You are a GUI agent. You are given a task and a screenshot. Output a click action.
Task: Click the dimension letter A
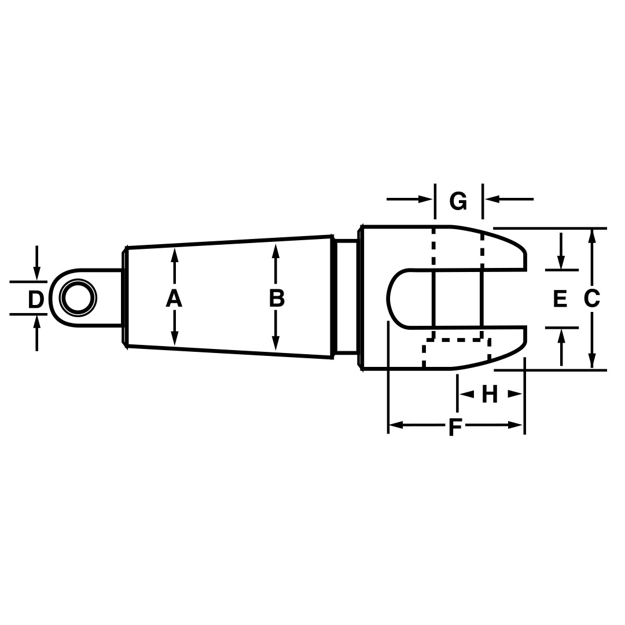pyautogui.click(x=174, y=299)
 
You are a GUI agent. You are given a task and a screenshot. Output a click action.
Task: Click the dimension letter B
pyautogui.click(x=277, y=299)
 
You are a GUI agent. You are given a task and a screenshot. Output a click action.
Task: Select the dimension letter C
pyautogui.click(x=591, y=299)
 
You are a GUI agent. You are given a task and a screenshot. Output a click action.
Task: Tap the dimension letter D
pyautogui.click(x=36, y=300)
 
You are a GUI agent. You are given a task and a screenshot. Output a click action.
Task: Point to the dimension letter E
pyautogui.click(x=560, y=299)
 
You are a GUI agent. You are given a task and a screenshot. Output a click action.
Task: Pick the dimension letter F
pyautogui.click(x=455, y=427)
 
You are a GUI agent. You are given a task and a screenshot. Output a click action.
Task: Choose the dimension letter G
pyautogui.click(x=458, y=201)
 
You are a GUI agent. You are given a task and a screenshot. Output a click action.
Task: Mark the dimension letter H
pyautogui.click(x=490, y=395)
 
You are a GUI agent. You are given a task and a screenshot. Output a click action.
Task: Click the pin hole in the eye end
pyautogui.click(x=78, y=299)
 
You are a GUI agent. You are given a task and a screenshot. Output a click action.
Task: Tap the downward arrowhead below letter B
pyautogui.click(x=276, y=344)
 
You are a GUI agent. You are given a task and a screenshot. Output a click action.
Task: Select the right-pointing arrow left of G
pyautogui.click(x=425, y=199)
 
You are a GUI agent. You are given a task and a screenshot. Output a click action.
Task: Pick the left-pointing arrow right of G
pyautogui.click(x=492, y=199)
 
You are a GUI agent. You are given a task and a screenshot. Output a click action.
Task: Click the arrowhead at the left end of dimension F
pyautogui.click(x=396, y=425)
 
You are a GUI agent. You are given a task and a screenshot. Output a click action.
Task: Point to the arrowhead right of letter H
pyautogui.click(x=515, y=394)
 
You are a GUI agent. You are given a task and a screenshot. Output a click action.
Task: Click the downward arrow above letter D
pyautogui.click(x=36, y=273)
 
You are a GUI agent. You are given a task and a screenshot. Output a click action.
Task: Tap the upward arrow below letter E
pyautogui.click(x=561, y=336)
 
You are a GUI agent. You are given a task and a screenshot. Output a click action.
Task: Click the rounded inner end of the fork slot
pyautogui.click(x=389, y=299)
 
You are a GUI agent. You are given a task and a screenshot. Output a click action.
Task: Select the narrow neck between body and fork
pyautogui.click(x=346, y=296)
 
